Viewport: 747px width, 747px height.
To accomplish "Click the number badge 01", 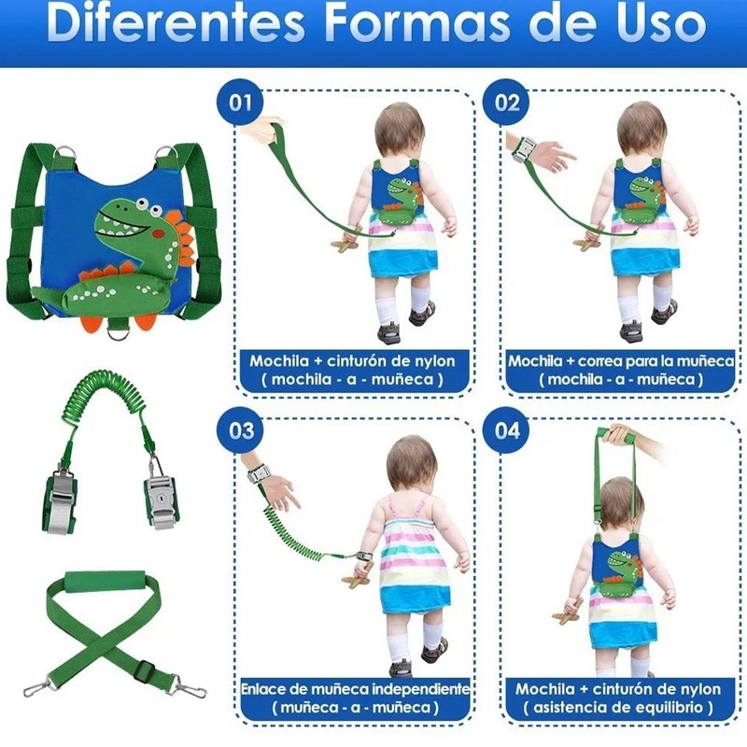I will tap(241, 102).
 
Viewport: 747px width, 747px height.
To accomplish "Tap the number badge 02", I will tap(507, 102).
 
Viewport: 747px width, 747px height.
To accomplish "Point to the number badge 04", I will tap(507, 430).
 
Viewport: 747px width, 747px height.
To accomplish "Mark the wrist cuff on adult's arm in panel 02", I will tap(528, 149).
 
